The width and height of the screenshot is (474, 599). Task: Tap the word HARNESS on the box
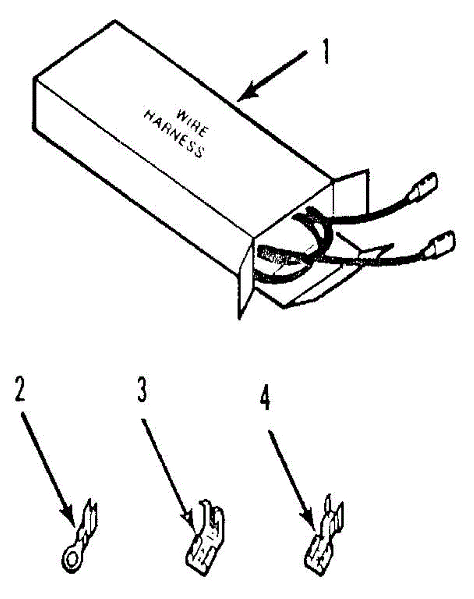174,135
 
